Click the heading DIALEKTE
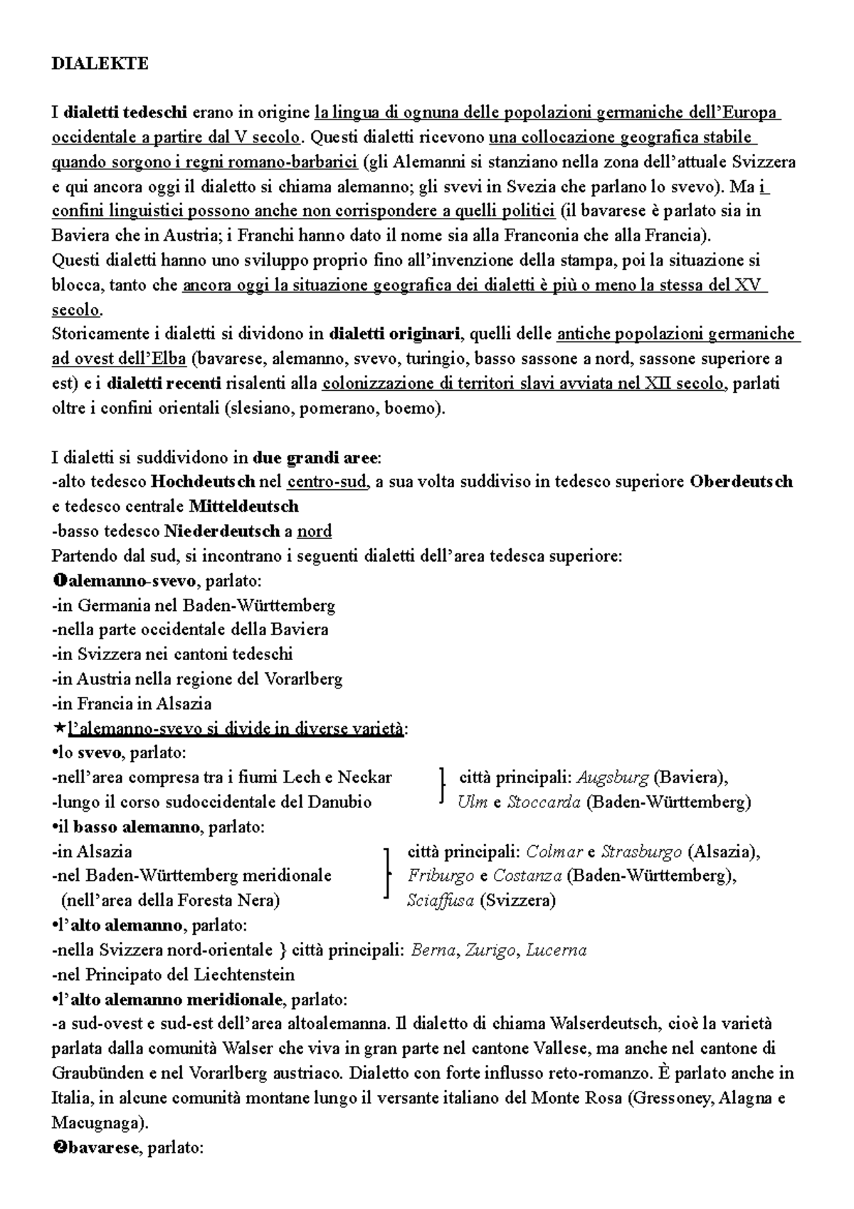(100, 63)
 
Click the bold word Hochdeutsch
(203, 482)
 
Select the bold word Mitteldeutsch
(244, 507)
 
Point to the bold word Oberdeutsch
(741, 482)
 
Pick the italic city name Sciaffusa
(441, 901)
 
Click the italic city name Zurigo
(491, 950)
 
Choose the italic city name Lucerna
(556, 950)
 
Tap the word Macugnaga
(96, 1123)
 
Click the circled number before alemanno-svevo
(58, 581)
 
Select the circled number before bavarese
(58, 1148)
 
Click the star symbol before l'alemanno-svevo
(58, 728)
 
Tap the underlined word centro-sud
(327, 482)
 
